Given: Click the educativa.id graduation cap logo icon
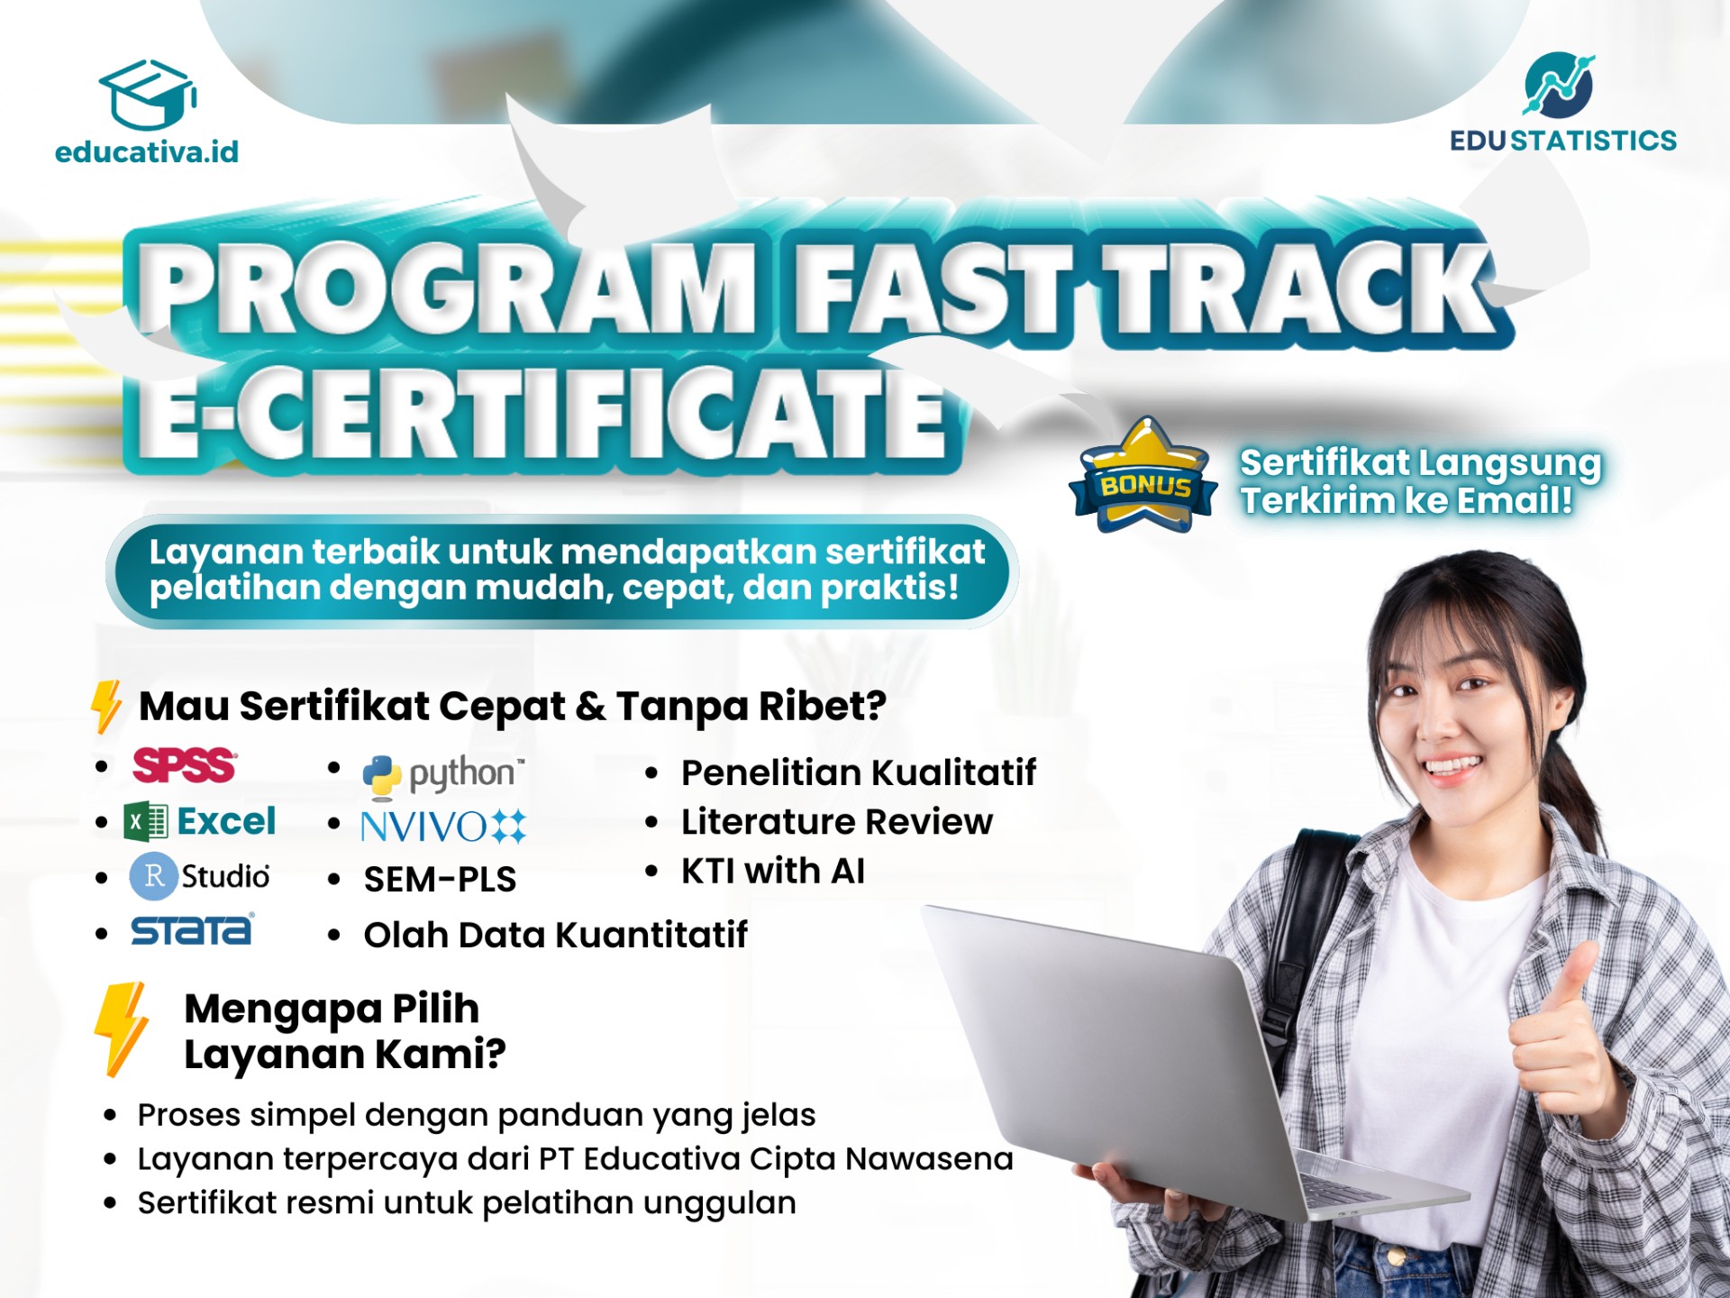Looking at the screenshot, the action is [x=148, y=95].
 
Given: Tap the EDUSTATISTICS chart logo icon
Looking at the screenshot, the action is [x=1559, y=85].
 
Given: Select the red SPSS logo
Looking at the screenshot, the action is [x=185, y=766].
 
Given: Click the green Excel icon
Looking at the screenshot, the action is [x=146, y=822].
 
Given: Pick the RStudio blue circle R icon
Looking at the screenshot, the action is [x=153, y=876].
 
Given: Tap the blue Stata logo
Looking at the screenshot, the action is [x=192, y=930].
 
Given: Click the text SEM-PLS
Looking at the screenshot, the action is [x=440, y=880].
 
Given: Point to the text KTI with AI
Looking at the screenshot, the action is [x=773, y=871].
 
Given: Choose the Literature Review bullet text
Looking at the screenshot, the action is [x=837, y=822].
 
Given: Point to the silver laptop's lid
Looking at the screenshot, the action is [x=1108, y=1055].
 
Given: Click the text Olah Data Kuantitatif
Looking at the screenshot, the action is [x=555, y=935].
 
